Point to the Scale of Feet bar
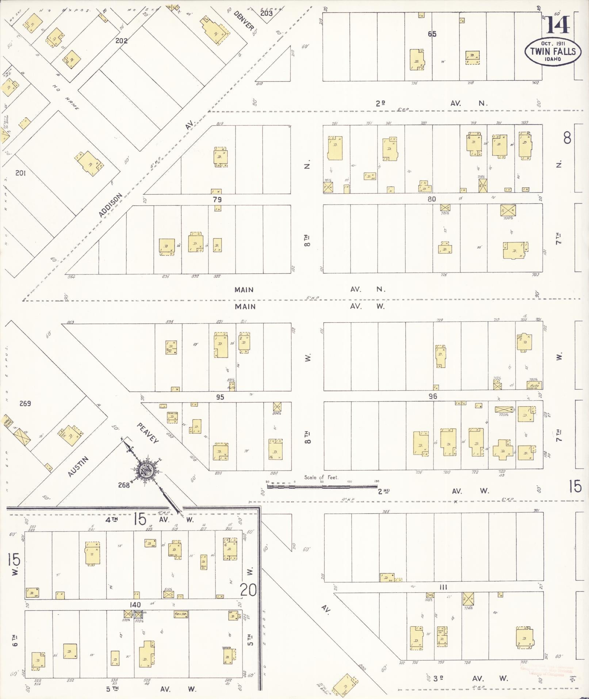coord(322,486)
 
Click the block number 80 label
coord(432,199)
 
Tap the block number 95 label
coord(220,397)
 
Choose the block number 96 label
coord(433,396)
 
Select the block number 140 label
coord(135,605)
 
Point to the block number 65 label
coord(432,34)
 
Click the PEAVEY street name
coord(148,433)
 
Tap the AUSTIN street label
coord(78,467)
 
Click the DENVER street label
coord(244,21)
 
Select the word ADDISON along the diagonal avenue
coord(110,205)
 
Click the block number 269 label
coord(25,403)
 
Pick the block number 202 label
coord(121,41)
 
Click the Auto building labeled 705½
coord(534,385)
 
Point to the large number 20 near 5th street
coord(248,589)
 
